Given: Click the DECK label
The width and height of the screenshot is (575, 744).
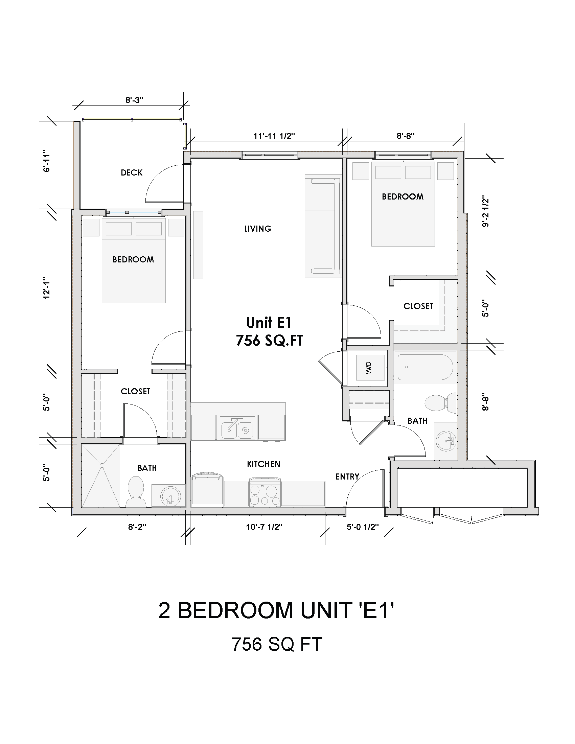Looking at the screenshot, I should (x=132, y=173).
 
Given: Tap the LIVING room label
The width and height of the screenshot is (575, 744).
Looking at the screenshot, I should (x=257, y=229).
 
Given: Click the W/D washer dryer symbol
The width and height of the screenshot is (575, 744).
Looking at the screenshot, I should (x=370, y=368).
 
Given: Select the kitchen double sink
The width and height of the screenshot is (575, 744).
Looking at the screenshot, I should (x=237, y=428).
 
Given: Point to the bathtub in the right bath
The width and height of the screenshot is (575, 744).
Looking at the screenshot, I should (x=425, y=367).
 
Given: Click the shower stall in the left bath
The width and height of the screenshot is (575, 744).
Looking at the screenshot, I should (x=101, y=475).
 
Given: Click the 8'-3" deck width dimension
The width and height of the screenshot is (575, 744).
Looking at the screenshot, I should (x=134, y=100).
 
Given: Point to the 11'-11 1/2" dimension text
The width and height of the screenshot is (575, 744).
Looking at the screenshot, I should (x=274, y=136).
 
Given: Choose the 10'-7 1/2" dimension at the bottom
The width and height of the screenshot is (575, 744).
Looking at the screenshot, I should (x=264, y=527).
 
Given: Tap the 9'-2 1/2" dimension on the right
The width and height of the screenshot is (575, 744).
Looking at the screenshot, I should (x=485, y=213).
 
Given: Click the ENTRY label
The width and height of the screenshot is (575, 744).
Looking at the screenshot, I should (x=347, y=476).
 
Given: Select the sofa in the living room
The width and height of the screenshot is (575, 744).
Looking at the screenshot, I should (x=322, y=226).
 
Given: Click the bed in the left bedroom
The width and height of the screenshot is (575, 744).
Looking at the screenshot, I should (x=134, y=261).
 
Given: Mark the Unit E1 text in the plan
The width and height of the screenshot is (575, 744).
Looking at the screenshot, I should (x=269, y=323).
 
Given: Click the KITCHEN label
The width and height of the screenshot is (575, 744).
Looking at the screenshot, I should (x=263, y=464).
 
